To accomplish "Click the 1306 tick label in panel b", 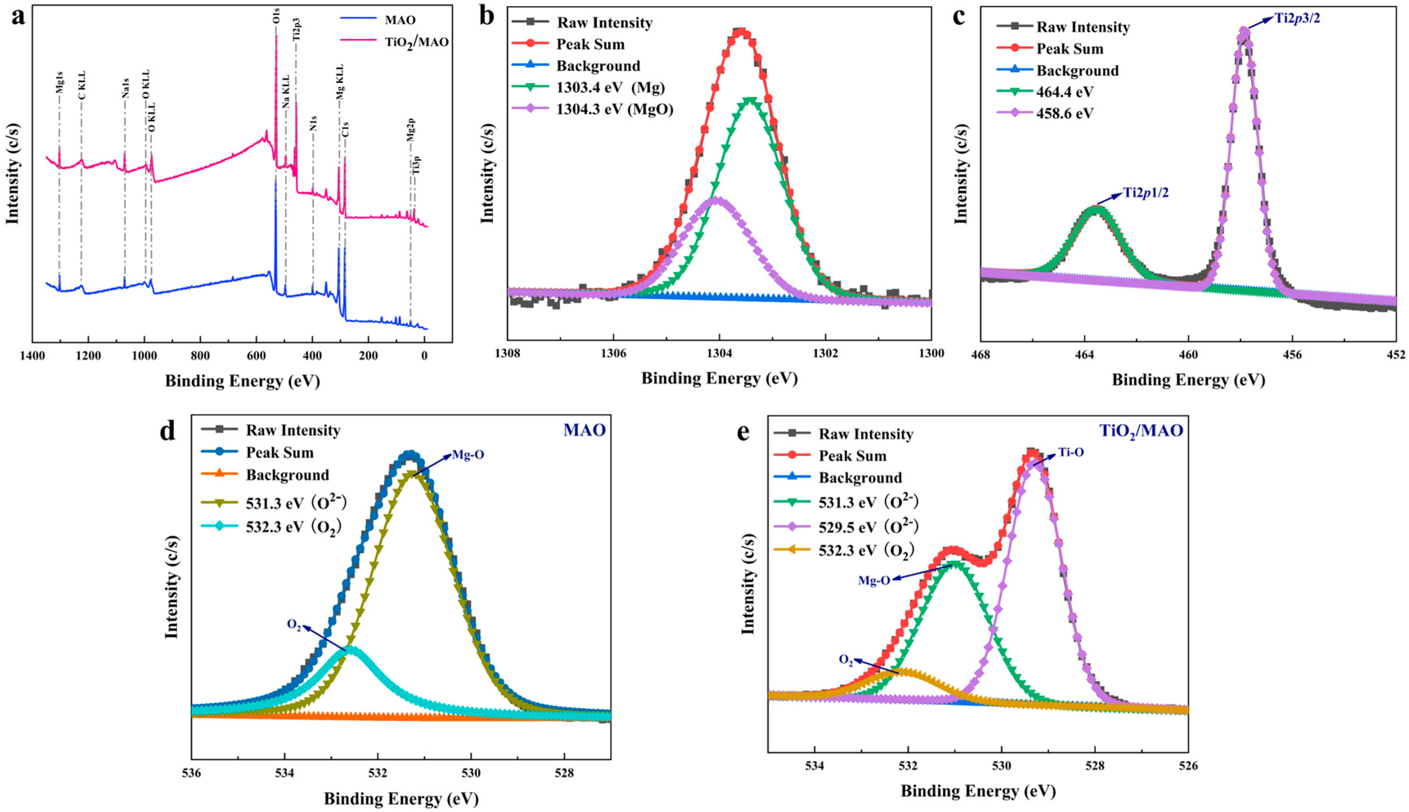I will tap(613, 354).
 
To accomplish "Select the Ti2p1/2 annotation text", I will tap(1145, 193).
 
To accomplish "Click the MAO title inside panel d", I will tap(584, 431).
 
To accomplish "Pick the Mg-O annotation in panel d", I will tap(467, 455).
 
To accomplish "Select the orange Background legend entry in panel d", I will tap(287, 475).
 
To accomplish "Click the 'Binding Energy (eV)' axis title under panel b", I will tap(719, 379).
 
